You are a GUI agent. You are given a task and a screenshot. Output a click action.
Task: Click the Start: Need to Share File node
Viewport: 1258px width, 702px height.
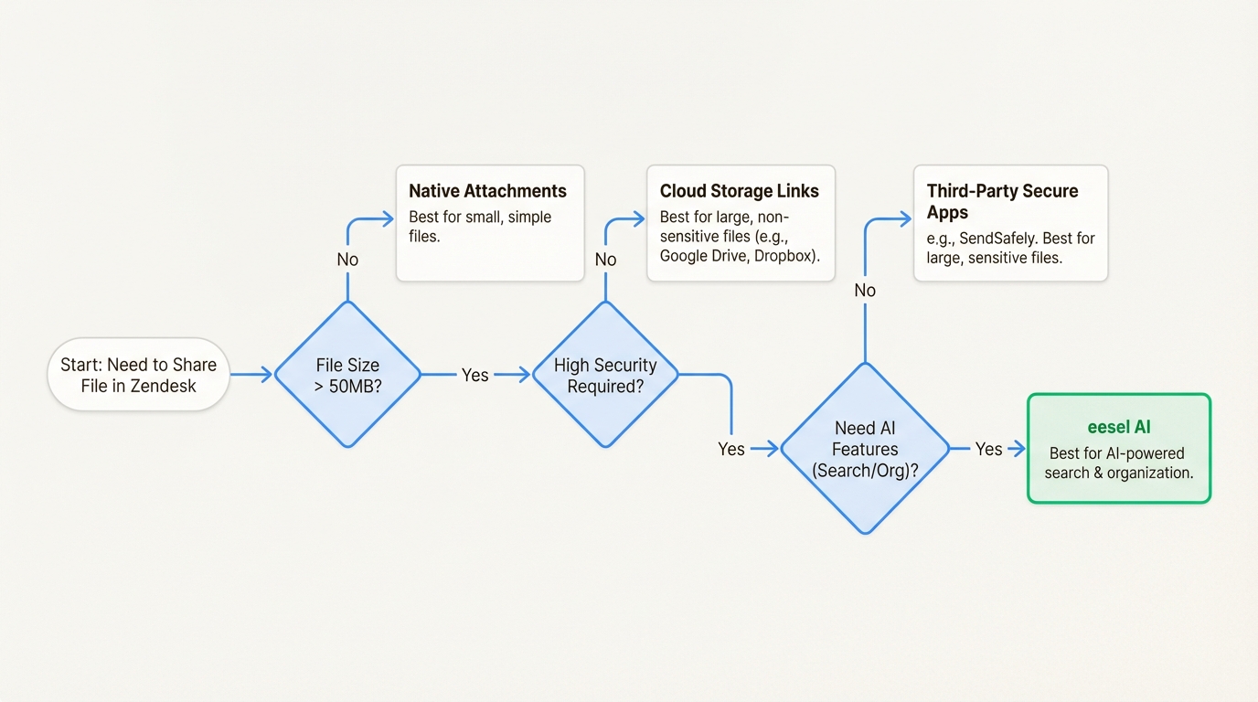138,375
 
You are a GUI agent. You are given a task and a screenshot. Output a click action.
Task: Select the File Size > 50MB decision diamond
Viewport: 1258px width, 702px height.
347,375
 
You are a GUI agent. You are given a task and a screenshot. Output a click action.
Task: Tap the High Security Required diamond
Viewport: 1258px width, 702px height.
605,375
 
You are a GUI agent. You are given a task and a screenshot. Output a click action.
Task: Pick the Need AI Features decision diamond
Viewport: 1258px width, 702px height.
865,449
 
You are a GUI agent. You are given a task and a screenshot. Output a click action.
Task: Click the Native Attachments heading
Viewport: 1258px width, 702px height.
487,191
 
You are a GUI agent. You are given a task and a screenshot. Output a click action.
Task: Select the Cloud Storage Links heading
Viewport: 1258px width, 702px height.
739,191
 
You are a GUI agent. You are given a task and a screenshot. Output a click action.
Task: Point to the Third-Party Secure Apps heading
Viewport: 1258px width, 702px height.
1002,201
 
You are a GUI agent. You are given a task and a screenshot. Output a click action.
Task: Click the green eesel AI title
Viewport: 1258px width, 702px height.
1118,427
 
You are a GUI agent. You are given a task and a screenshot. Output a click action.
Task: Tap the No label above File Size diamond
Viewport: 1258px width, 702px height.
347,260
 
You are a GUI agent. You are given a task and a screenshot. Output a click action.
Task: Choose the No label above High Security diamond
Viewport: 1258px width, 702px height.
605,260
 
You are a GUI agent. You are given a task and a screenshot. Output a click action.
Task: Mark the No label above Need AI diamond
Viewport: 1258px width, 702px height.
865,290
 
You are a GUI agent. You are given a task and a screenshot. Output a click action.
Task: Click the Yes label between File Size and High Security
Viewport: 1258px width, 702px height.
474,375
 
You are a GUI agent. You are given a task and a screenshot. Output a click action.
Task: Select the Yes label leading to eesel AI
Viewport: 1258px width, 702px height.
988,449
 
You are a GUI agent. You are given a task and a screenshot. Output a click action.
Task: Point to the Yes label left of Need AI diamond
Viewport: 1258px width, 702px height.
730,449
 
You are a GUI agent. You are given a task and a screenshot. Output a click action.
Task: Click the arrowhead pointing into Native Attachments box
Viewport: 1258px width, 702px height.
388,219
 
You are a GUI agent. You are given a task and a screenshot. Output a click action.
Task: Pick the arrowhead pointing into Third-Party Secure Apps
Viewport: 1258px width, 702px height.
905,219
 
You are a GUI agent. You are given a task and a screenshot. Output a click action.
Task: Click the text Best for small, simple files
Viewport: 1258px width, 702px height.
480,227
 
